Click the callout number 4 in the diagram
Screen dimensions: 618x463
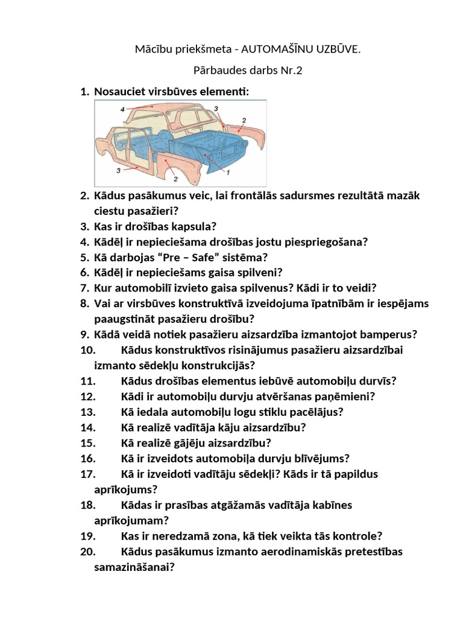(x=122, y=109)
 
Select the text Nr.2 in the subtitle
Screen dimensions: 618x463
(x=289, y=70)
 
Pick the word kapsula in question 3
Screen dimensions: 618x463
(x=198, y=227)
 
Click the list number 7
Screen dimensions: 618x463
(x=84, y=288)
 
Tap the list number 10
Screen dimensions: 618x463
(x=88, y=350)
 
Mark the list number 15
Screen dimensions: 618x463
(x=88, y=443)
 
